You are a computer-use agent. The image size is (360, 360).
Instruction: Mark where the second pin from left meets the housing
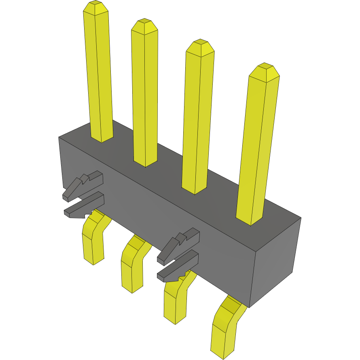tap(145, 162)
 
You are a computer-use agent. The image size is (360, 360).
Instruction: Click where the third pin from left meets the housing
tap(195, 189)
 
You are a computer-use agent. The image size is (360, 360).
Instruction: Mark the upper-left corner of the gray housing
tap(59, 138)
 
